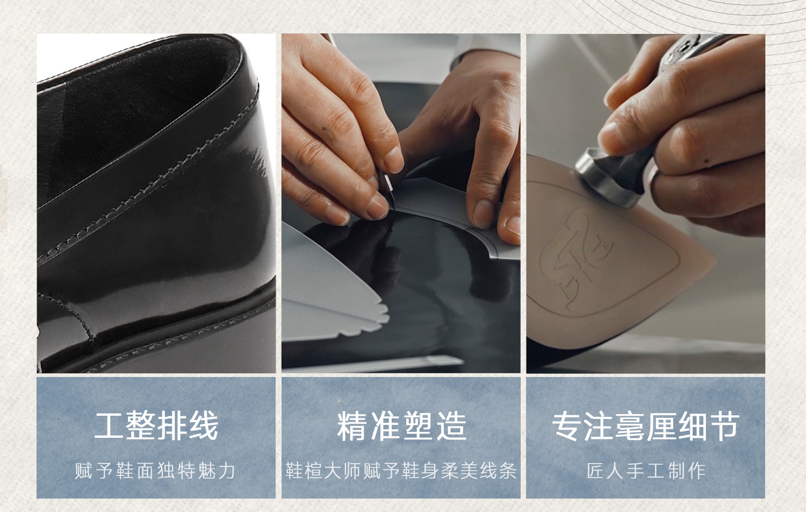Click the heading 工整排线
tap(156, 426)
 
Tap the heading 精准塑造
tap(401, 426)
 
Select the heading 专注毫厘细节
tap(645, 426)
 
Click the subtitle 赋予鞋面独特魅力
tap(155, 471)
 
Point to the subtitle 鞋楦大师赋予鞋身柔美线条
tap(401, 471)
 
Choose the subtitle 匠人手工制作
tap(646, 471)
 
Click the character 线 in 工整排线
tap(204, 426)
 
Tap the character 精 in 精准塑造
tap(351, 426)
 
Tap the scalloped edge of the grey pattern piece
tap(374, 317)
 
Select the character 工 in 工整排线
tap(109, 426)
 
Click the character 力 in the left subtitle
tap(227, 471)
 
